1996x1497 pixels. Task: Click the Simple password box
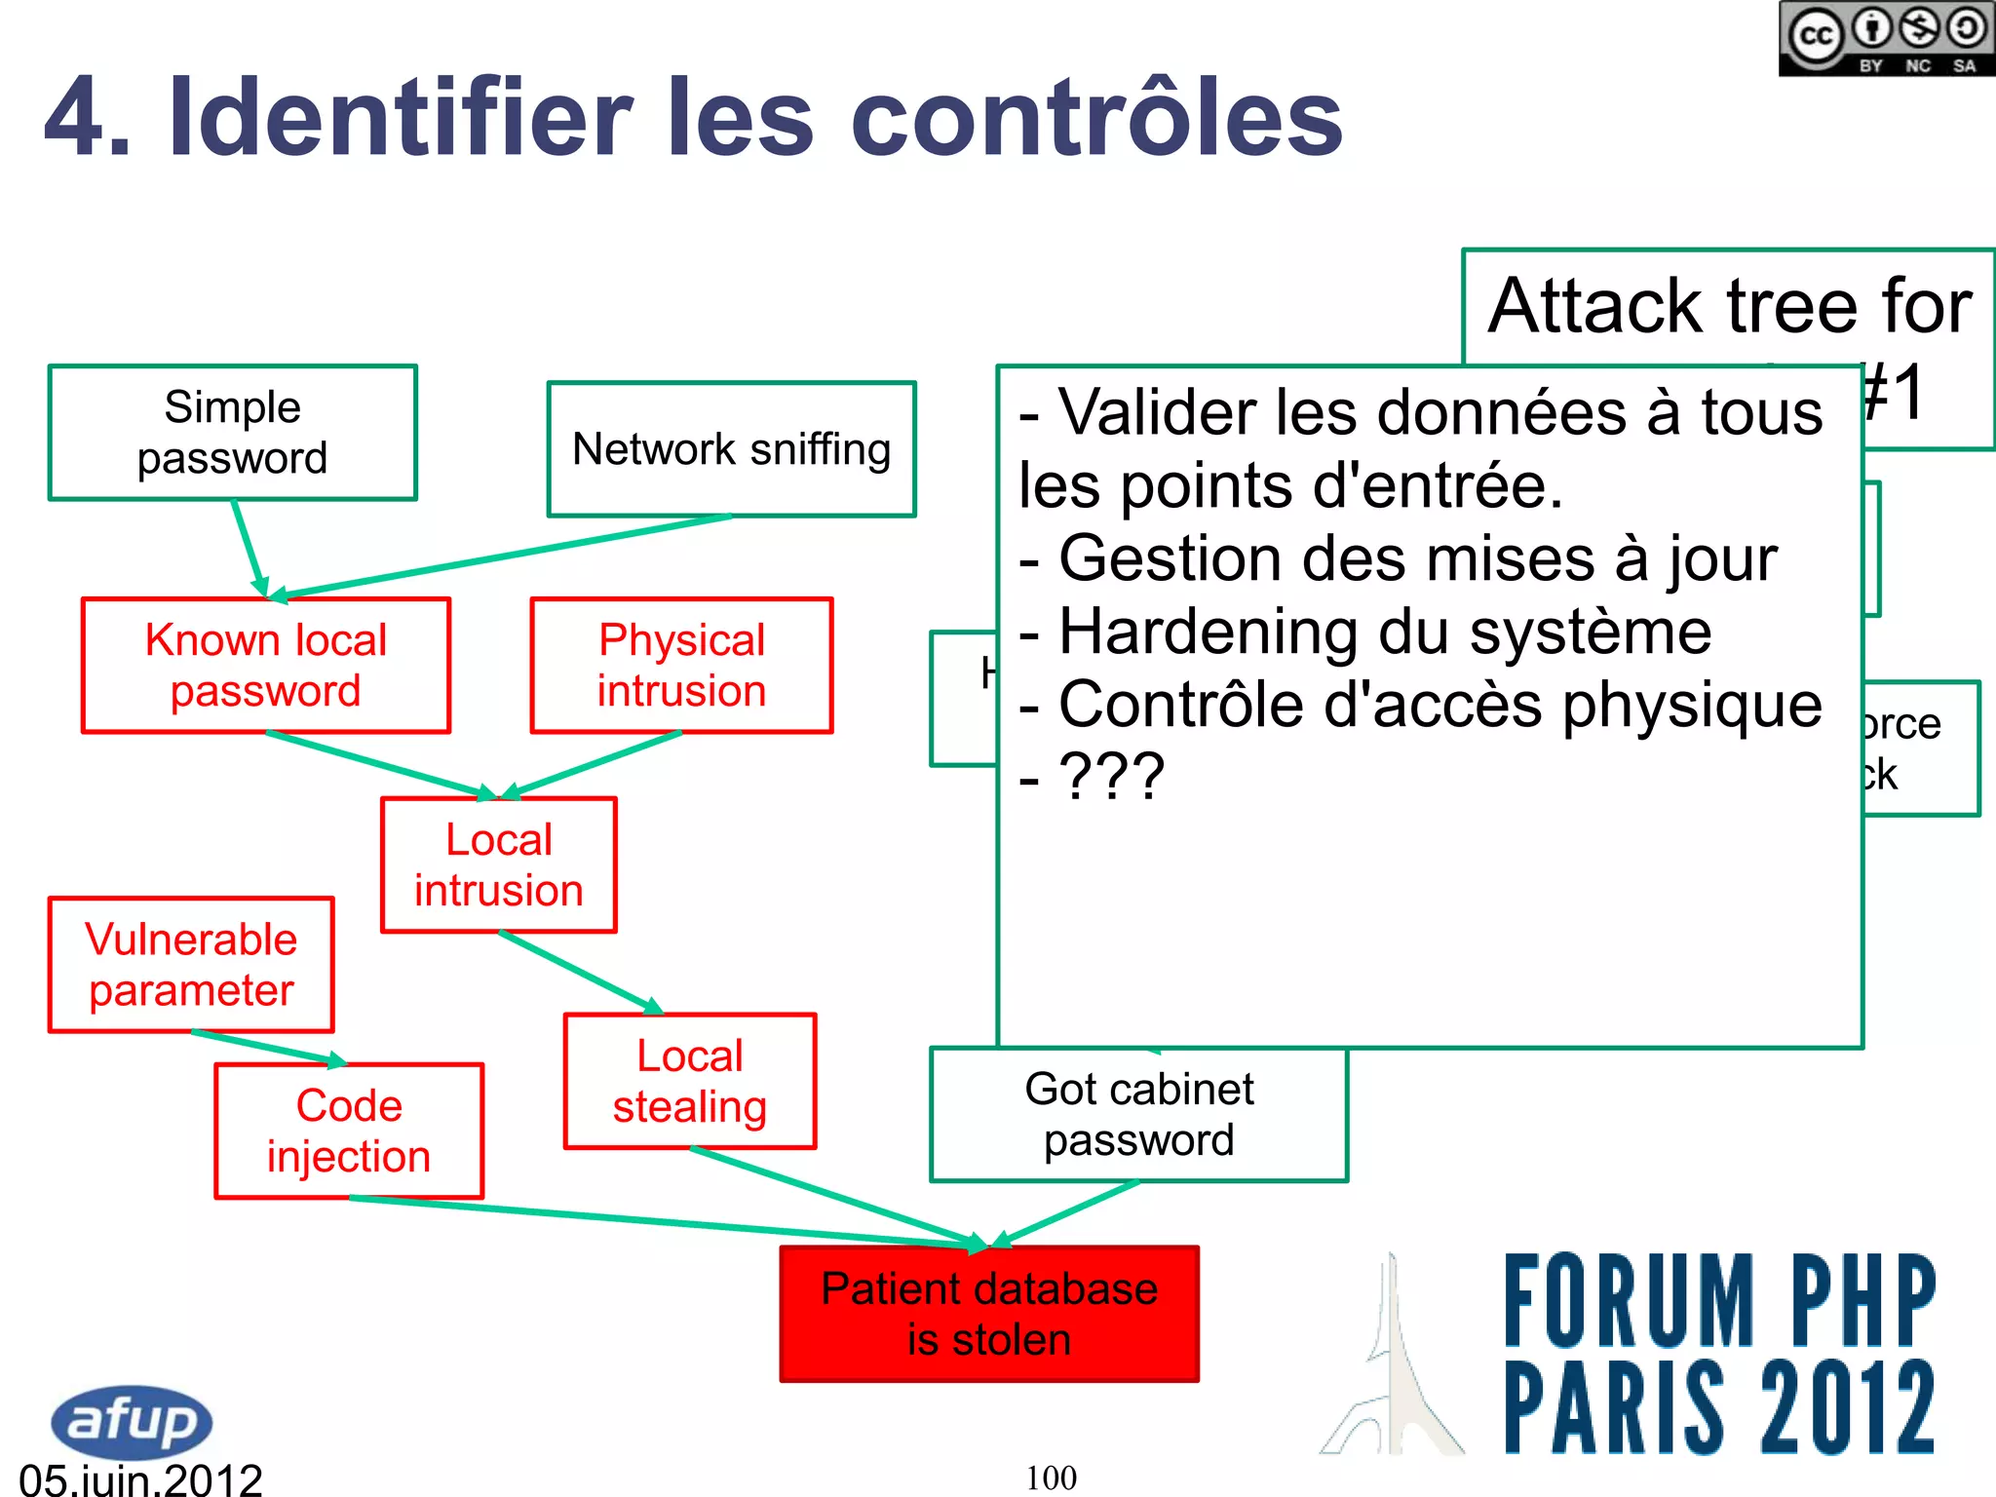tap(232, 433)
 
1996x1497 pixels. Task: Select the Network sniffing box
tap(731, 449)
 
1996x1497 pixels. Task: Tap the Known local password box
tap(265, 666)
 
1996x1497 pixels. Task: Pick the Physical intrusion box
tap(681, 666)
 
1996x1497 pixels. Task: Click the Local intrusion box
tap(498, 865)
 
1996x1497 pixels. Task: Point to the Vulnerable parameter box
tap(191, 965)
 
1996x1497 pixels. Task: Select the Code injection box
tap(348, 1131)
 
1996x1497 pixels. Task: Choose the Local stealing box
tap(689, 1082)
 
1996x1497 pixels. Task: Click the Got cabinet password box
tap(1138, 1115)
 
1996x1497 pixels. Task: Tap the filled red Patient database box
tap(988, 1314)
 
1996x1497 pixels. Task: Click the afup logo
tap(132, 1421)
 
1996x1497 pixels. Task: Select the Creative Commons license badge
tap(1886, 39)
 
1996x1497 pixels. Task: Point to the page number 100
tap(1051, 1478)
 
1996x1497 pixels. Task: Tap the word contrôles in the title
tap(1096, 119)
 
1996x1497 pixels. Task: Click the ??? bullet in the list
tap(1111, 777)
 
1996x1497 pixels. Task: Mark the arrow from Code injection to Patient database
tap(663, 1221)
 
